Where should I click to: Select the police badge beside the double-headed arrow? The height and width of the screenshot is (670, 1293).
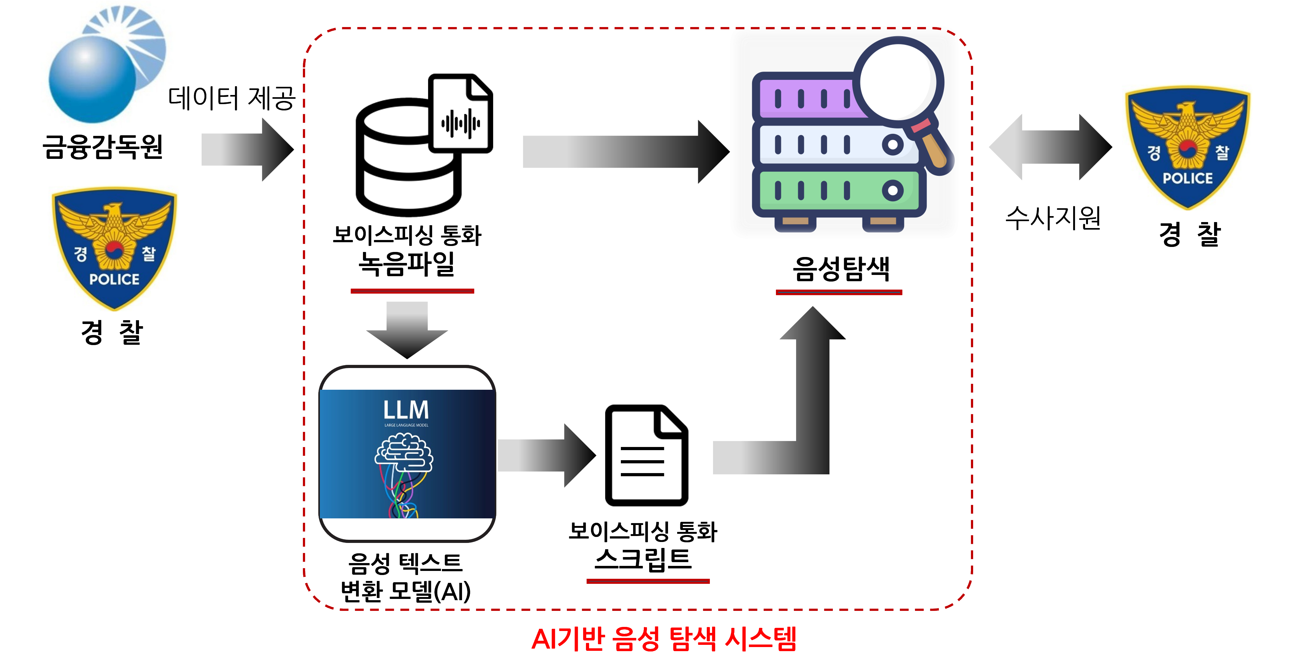pos(1185,146)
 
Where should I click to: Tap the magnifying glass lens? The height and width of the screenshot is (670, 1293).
pos(899,80)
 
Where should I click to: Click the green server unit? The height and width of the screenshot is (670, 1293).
pos(838,191)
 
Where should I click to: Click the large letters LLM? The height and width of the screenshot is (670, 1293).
pos(406,410)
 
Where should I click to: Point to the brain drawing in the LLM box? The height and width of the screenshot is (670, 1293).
pos(404,452)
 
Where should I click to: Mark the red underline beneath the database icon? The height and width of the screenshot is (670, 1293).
pos(412,291)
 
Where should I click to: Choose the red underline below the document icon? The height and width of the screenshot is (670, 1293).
pos(648,581)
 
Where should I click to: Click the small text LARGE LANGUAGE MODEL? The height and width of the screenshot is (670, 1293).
pos(406,425)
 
